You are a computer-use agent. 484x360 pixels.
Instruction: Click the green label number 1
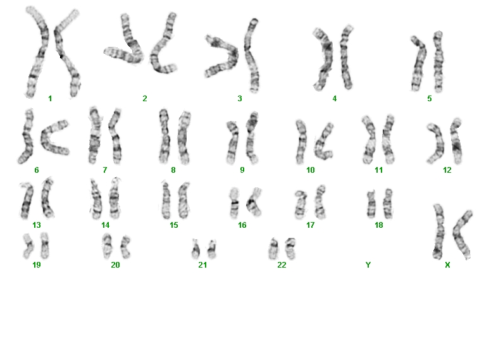[x=50, y=99]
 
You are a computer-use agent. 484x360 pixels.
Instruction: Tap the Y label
[x=368, y=265]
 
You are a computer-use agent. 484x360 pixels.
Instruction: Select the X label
[x=447, y=265]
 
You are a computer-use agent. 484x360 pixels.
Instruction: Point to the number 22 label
[x=282, y=265]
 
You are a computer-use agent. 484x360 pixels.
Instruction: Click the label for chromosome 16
[x=242, y=225]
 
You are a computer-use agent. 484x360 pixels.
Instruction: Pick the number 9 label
[x=242, y=170]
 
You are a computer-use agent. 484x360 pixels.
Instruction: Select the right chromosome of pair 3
[x=251, y=56]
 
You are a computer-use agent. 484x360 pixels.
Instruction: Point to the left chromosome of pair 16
[x=235, y=203]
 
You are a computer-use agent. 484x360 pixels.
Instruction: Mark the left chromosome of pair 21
[x=195, y=249]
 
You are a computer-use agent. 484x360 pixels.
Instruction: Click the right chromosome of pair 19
[x=45, y=246]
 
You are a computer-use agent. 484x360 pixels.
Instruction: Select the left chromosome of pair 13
[x=27, y=200]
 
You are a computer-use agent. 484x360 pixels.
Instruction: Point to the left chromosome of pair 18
[x=371, y=205]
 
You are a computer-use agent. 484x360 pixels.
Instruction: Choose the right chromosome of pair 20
[x=125, y=247]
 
